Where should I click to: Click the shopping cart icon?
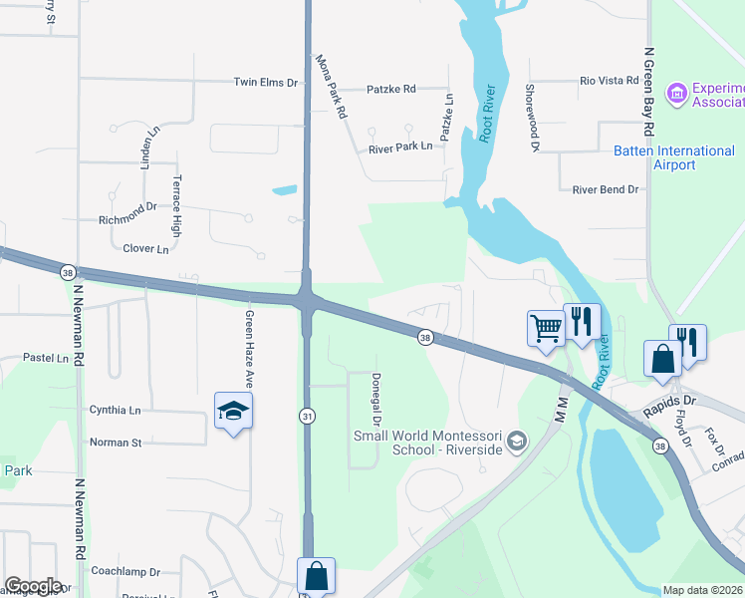point(546,327)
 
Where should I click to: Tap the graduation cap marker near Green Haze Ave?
point(233,411)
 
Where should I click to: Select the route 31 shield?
point(309,416)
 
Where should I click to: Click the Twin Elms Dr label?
point(266,83)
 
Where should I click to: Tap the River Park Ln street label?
point(400,147)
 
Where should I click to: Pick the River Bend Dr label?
point(605,189)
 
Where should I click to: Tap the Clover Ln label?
point(145,248)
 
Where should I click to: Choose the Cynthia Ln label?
point(115,410)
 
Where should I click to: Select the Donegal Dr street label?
point(376,402)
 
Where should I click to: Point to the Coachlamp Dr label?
point(124,572)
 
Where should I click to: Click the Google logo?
point(32,586)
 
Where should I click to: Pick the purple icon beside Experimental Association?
point(677,94)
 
